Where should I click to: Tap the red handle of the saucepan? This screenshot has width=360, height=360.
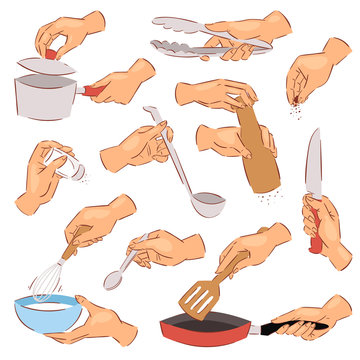coord(93,90)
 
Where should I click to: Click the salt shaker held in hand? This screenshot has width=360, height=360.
coord(69,168)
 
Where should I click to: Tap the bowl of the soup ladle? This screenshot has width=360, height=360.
coord(208,203)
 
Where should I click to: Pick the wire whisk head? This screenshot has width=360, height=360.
coord(44,281)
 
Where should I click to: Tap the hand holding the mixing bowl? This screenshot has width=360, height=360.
coord(100,325)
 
